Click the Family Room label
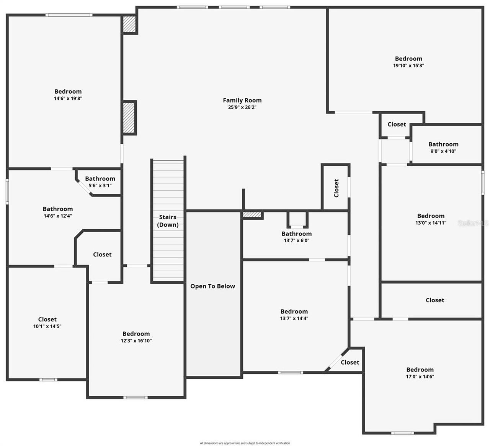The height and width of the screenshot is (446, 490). tap(242, 101)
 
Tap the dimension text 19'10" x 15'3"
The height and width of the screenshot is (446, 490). tap(408, 65)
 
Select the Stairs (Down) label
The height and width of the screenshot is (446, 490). tap(168, 221)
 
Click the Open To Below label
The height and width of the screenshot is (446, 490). tap(212, 286)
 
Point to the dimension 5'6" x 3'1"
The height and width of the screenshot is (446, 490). tap(100, 186)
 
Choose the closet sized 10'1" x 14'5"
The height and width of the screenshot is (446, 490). tap(47, 323)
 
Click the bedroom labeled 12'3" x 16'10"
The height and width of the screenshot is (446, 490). tap(136, 337)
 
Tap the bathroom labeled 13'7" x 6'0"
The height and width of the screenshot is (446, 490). tap(296, 237)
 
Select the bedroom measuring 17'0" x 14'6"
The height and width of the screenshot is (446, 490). tap(420, 373)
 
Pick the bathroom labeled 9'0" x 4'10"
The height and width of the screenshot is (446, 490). tap(443, 148)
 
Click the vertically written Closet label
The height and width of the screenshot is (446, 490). tap(336, 188)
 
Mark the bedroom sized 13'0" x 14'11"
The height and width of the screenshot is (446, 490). tap(431, 219)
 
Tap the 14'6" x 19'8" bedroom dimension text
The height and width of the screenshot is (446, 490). tap(68, 98)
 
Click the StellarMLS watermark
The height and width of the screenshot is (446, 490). tap(473, 223)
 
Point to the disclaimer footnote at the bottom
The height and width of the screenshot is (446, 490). tap(245, 443)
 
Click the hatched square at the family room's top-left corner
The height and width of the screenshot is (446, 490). tap(129, 24)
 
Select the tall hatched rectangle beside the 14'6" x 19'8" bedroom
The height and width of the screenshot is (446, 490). tap(129, 118)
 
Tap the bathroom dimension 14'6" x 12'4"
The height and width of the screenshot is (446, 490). tap(58, 216)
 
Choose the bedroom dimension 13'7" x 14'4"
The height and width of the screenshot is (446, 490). tap(294, 318)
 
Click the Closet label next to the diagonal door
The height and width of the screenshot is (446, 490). tap(350, 362)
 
